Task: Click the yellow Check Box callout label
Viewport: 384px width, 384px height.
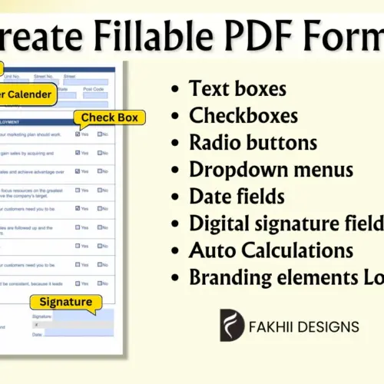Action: point(109,118)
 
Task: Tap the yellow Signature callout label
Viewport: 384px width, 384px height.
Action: point(65,302)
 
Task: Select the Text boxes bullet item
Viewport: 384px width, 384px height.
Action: point(237,88)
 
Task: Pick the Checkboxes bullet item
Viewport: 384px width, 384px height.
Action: point(243,115)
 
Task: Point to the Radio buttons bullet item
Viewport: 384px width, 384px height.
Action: point(253,142)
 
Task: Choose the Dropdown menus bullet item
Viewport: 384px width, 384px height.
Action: point(271,169)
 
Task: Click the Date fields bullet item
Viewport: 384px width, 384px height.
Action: point(237,196)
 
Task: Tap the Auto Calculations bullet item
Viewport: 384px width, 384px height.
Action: point(271,250)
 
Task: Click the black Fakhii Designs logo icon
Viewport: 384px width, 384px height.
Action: point(232,326)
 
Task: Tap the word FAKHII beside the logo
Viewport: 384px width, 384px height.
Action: point(274,326)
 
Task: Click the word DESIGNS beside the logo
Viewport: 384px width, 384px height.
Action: point(330,326)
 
